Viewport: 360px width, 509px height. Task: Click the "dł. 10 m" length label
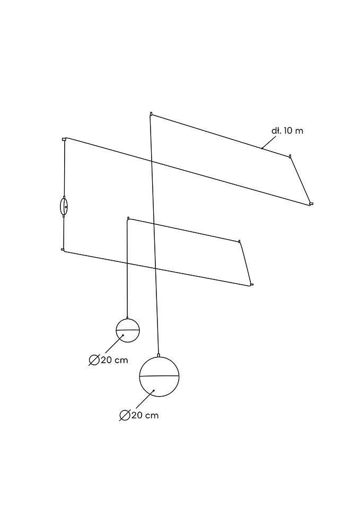pos(287,130)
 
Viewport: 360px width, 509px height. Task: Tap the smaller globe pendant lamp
pos(128,330)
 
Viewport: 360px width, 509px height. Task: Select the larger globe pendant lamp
pos(160,376)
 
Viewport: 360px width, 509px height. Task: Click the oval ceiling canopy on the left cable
pos(64,206)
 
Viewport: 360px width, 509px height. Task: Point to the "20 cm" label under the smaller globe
pos(115,360)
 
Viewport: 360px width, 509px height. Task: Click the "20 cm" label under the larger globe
pos(145,415)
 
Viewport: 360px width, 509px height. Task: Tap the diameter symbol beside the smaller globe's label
pos(94,360)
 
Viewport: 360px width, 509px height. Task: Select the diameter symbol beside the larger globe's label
pos(125,415)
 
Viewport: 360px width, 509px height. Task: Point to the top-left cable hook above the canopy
pos(64,139)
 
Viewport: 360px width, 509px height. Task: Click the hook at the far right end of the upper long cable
pos(311,204)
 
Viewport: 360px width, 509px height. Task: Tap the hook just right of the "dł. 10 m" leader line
pos(290,156)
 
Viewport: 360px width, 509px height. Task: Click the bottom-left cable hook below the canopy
pos(63,250)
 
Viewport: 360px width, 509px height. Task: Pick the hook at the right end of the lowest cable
pos(252,285)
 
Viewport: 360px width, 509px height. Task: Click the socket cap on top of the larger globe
pos(158,355)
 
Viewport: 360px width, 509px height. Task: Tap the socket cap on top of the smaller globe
pos(127,318)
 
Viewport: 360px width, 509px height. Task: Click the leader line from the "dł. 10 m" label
pos(269,142)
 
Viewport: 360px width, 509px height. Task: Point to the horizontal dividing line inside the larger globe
pos(160,376)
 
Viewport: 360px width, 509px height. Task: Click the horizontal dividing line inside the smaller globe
pos(128,330)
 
